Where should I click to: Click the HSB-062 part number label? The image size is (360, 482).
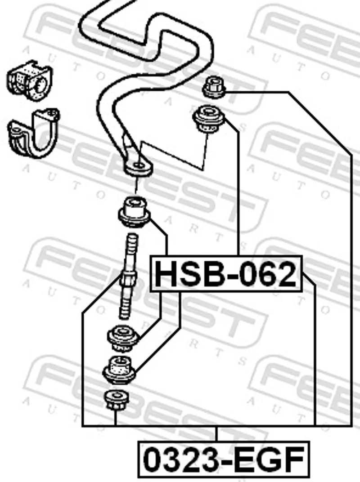pyautogui.click(x=226, y=273)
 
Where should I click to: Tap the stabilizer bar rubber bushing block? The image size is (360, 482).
pyautogui.click(x=30, y=80)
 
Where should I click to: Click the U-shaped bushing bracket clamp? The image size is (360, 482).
pyautogui.click(x=34, y=134)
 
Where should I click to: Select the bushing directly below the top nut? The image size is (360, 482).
pyautogui.click(x=209, y=119)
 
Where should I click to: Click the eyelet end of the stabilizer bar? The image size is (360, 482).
pyautogui.click(x=138, y=167)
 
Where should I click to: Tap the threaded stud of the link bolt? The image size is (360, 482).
pyautogui.click(x=128, y=276)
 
